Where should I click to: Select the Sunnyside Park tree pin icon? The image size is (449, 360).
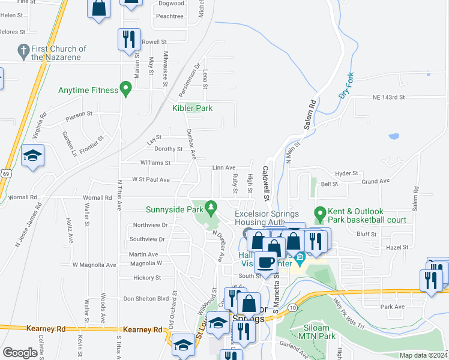point(210,208)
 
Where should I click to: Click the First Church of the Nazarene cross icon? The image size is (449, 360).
point(23,50)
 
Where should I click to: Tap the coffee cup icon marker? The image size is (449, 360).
point(265,262)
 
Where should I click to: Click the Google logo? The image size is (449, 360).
point(20,353)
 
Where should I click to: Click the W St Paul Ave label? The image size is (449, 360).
point(151,179)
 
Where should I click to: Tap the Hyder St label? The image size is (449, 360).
point(346,173)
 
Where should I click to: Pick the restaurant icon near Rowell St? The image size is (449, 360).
point(129,40)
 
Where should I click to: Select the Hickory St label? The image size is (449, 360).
point(147,278)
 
